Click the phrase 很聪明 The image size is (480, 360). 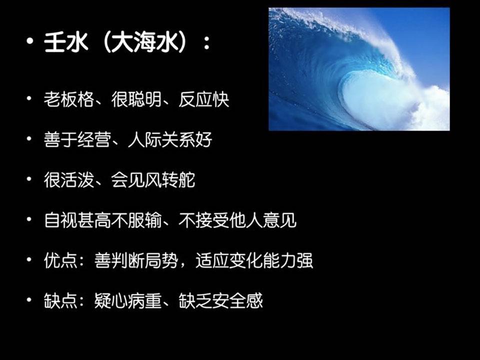tap(136, 99)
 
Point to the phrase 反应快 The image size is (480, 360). tap(204, 99)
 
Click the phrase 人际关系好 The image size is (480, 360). tap(170, 139)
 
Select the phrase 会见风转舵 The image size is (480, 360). tap(153, 179)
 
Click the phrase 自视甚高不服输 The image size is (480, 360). tap(103, 220)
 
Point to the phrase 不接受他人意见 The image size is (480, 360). tap(237, 220)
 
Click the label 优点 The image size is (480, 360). tap(60, 260)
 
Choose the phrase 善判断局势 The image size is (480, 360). tap(136, 260)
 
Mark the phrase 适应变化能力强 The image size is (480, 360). tap(254, 260)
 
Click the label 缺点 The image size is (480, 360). tap(60, 301)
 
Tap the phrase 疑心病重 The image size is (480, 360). tap(128, 301)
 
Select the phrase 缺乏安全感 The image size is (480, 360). tap(220, 301)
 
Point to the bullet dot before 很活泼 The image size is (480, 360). tap(29, 179)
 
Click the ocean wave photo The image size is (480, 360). tap(359, 69)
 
